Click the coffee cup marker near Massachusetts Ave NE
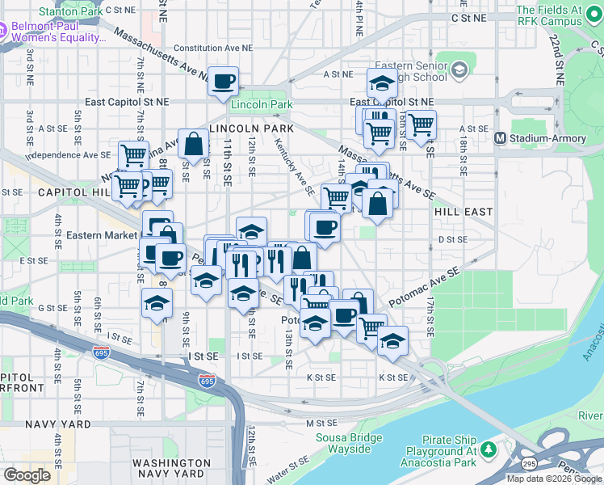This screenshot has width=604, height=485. point(224,81)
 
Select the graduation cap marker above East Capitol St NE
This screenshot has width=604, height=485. point(381,82)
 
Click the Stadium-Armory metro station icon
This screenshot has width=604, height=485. point(501,138)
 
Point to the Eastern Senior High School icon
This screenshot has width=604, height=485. point(459,70)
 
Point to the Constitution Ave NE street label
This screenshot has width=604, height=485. point(202,48)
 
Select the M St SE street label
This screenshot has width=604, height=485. point(320,423)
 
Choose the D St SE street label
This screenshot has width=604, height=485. point(453,239)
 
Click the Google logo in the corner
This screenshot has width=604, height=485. point(27,474)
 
